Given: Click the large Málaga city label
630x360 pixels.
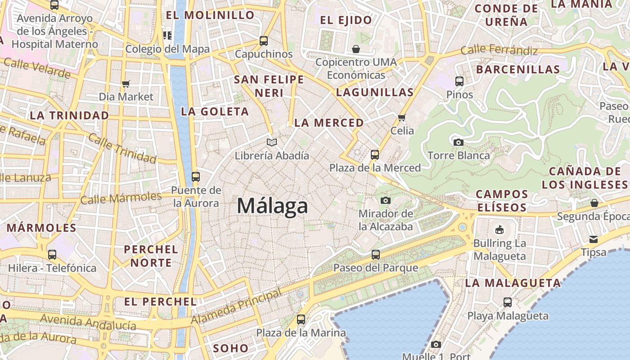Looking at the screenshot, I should pos(272,206).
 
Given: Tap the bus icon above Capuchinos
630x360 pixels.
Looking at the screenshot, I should pos(264,41).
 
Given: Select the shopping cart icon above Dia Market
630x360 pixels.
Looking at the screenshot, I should pos(126,84).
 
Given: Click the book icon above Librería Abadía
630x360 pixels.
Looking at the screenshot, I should pos(271,142).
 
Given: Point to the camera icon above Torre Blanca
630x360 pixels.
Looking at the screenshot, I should pos(458,142).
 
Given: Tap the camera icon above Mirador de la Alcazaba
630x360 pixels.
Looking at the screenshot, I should pos(385,200).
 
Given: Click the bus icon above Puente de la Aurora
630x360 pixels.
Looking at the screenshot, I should pos(195,176).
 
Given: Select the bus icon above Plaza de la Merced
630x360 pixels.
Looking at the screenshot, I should pos(374,155).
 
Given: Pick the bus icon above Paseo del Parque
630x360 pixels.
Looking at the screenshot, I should pos(376,255).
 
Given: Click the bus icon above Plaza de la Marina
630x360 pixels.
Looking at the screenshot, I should pos(301,319).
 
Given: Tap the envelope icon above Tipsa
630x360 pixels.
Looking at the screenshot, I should pos(594,239).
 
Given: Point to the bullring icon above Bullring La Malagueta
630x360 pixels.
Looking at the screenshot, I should pos(499,230).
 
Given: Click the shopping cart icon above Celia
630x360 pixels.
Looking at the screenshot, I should pos(401,117).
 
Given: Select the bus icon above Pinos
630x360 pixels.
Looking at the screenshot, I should pos(459,81).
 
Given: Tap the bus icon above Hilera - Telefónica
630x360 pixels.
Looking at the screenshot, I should pos(52,255).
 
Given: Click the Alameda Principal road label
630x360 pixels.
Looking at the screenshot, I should pos(237,306).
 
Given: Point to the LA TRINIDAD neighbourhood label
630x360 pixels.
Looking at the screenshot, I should pos(69,115).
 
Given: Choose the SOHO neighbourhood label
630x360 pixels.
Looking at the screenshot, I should pos(230,348).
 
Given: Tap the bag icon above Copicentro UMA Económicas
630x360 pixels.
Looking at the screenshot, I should pos(356,49).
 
